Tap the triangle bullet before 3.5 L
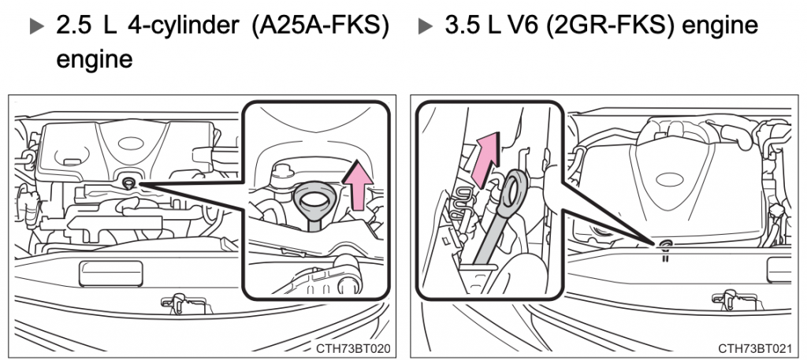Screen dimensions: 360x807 click(x=425, y=26)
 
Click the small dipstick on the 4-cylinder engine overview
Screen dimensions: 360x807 click(x=127, y=184)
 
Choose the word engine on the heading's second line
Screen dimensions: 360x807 click(x=94, y=59)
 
